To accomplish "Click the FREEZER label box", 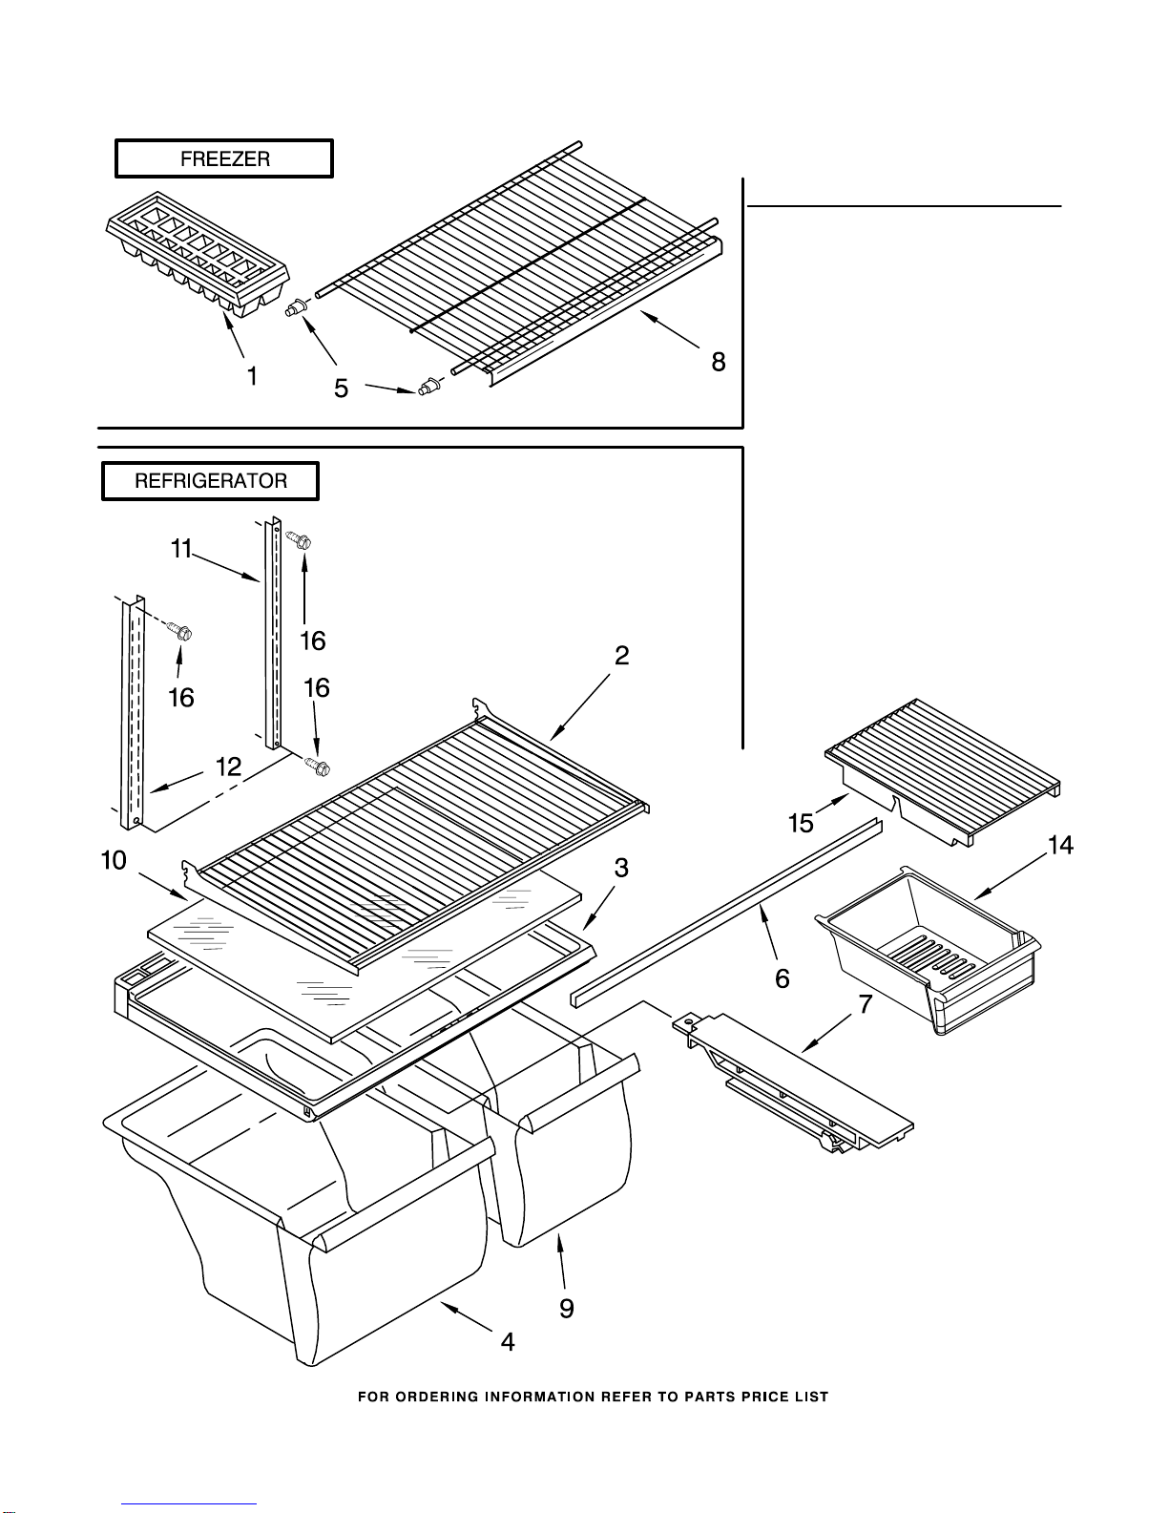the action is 224,158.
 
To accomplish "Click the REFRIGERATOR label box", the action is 210,481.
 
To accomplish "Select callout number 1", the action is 253,377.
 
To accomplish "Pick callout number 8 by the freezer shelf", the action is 718,362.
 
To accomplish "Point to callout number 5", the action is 341,389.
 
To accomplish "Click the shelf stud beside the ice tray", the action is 298,307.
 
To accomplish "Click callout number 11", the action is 181,550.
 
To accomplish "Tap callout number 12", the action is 228,767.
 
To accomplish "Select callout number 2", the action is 621,655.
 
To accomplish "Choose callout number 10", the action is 114,861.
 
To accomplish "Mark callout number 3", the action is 621,869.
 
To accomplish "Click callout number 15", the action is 801,824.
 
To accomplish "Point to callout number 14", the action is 1060,845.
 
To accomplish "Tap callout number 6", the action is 783,979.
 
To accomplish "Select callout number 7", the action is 865,1004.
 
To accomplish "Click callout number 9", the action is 567,1309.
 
